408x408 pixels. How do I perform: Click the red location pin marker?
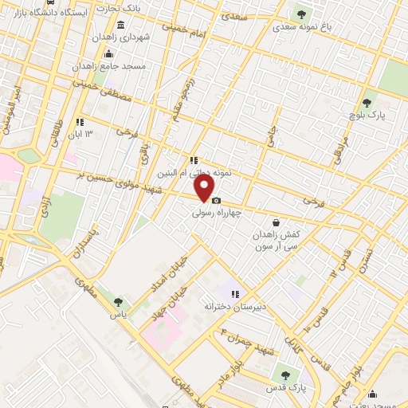tap(205, 188)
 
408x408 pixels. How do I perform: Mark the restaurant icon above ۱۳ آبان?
tap(80, 122)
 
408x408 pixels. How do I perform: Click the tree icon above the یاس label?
tap(119, 302)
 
